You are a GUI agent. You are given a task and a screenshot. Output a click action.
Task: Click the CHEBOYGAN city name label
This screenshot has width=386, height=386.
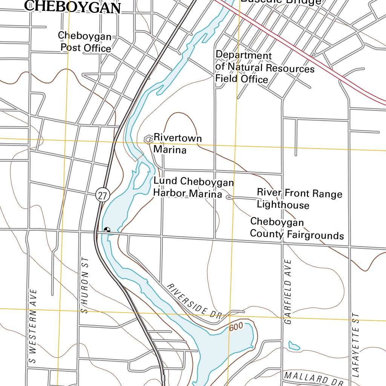[x=73, y=7]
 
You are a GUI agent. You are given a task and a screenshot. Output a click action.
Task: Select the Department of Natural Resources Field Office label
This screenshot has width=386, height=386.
[x=264, y=67]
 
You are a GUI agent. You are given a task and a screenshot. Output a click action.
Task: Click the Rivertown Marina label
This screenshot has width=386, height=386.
[x=177, y=144]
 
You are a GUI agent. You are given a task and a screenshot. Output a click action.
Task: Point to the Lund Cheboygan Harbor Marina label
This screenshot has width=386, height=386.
[x=193, y=188]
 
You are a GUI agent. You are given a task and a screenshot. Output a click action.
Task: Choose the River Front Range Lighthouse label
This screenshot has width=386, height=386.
[x=299, y=199]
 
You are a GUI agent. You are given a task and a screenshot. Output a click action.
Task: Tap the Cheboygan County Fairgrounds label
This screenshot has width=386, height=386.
[x=297, y=228]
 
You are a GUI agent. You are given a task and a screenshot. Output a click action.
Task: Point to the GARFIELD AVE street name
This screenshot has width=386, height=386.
[x=288, y=292]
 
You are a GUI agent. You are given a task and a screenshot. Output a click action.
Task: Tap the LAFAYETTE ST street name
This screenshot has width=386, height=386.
[x=356, y=345]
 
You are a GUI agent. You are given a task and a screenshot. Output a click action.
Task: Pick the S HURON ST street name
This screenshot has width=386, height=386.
[x=84, y=285]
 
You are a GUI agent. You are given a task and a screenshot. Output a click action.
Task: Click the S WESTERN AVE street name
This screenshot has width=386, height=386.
[x=34, y=326]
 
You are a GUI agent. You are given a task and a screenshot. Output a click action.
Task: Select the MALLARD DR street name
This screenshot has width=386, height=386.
[x=312, y=379]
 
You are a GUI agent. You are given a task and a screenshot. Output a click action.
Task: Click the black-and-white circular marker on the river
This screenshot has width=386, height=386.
[x=107, y=229]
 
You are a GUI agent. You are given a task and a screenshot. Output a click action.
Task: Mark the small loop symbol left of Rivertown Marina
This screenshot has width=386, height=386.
[x=148, y=139]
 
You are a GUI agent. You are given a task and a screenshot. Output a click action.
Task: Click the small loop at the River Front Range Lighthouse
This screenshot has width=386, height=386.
[x=228, y=197]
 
